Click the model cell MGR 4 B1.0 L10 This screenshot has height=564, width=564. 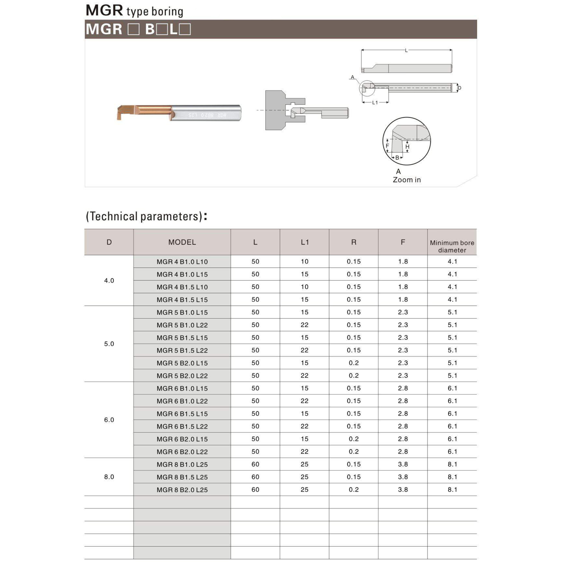pyautogui.click(x=182, y=262)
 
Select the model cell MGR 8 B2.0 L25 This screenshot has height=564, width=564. pyautogui.click(x=182, y=490)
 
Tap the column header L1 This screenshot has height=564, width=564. pyautogui.click(x=305, y=242)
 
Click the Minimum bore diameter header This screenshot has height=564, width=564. pyautogui.click(x=452, y=246)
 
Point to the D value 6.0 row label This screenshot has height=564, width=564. pyautogui.click(x=109, y=420)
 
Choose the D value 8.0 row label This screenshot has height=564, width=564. pyautogui.click(x=109, y=477)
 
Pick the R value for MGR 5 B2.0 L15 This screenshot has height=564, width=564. pyautogui.click(x=353, y=363)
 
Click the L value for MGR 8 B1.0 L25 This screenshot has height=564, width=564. pyautogui.click(x=255, y=464)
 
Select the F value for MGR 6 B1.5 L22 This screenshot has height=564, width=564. pyautogui.click(x=403, y=426)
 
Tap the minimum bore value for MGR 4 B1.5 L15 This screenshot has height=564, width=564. pyautogui.click(x=452, y=300)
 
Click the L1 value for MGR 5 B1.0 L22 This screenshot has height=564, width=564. pyautogui.click(x=305, y=325)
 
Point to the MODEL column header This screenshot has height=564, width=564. pyautogui.click(x=182, y=242)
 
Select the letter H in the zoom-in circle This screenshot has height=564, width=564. pyautogui.click(x=407, y=147)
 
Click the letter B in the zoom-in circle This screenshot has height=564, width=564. pyautogui.click(x=397, y=158)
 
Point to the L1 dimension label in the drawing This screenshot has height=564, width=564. pyautogui.click(x=375, y=103)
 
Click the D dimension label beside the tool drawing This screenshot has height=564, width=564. pyautogui.click(x=459, y=88)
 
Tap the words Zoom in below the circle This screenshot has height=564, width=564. pyautogui.click(x=406, y=180)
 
